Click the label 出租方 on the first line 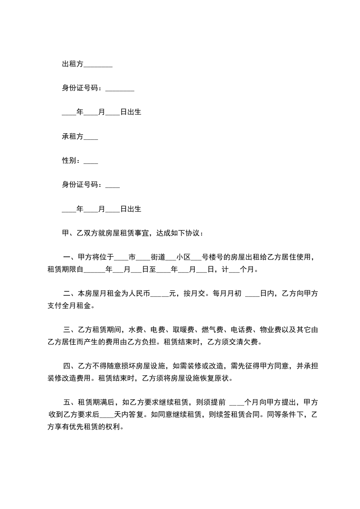click(73, 64)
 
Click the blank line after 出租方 click(98, 65)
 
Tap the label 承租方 click(73, 136)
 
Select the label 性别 click(69, 160)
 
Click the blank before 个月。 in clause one click(234, 270)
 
